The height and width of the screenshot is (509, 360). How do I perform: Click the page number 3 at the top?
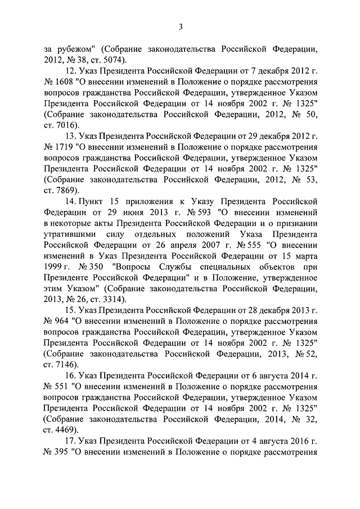click(181, 25)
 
